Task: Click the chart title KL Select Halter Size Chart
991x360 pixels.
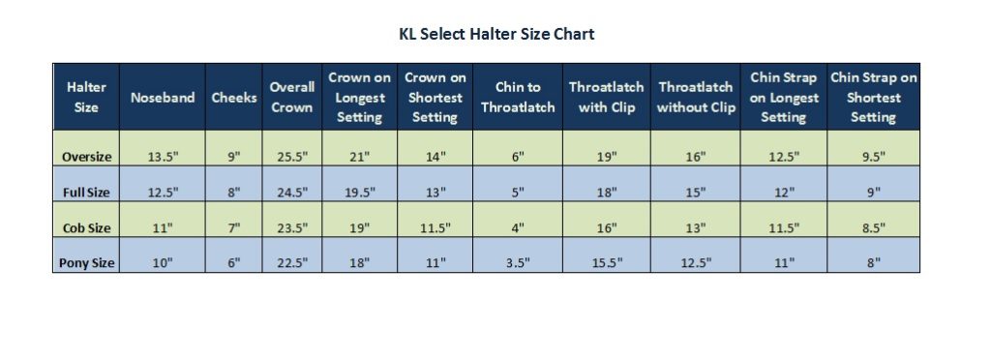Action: [x=496, y=35]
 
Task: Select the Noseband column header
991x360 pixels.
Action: [x=163, y=98]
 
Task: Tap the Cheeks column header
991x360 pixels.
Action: [x=233, y=98]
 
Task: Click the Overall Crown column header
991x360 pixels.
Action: [x=291, y=97]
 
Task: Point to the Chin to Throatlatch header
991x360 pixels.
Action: [x=518, y=98]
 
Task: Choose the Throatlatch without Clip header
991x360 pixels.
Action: [x=696, y=98]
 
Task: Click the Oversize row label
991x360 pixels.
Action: [x=86, y=157]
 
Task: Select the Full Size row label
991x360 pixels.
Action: [x=86, y=193]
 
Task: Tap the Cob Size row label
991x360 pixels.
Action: [x=86, y=228]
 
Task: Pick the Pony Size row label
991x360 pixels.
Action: [x=86, y=263]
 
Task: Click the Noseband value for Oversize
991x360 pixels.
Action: [x=163, y=157]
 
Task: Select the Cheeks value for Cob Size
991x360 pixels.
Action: [x=233, y=228]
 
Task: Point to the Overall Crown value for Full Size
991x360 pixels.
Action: [x=291, y=193]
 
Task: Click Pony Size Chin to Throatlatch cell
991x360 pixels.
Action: [x=518, y=263]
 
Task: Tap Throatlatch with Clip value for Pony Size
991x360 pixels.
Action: [x=606, y=263]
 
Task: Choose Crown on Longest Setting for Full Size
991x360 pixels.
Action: [x=359, y=193]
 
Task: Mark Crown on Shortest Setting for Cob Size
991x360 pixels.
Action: [x=435, y=228]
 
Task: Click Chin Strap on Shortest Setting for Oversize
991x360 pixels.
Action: [x=873, y=157]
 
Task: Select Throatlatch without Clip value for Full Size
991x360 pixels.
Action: [x=696, y=193]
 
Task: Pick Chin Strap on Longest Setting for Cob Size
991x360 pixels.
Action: [x=783, y=228]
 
